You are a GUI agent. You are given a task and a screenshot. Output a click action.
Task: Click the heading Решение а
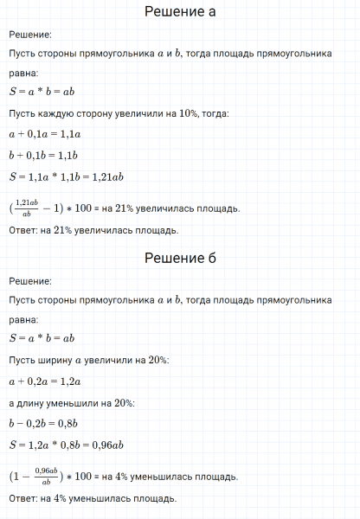pyautogui.click(x=179, y=12)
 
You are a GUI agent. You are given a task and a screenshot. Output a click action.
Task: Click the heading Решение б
pyautogui.click(x=179, y=259)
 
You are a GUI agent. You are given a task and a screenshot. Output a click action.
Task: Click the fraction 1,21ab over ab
pyautogui.click(x=29, y=208)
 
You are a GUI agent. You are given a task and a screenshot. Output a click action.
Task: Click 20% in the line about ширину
pyautogui.click(x=159, y=360)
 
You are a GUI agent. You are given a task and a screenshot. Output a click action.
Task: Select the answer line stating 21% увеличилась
pyautogui.click(x=93, y=230)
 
